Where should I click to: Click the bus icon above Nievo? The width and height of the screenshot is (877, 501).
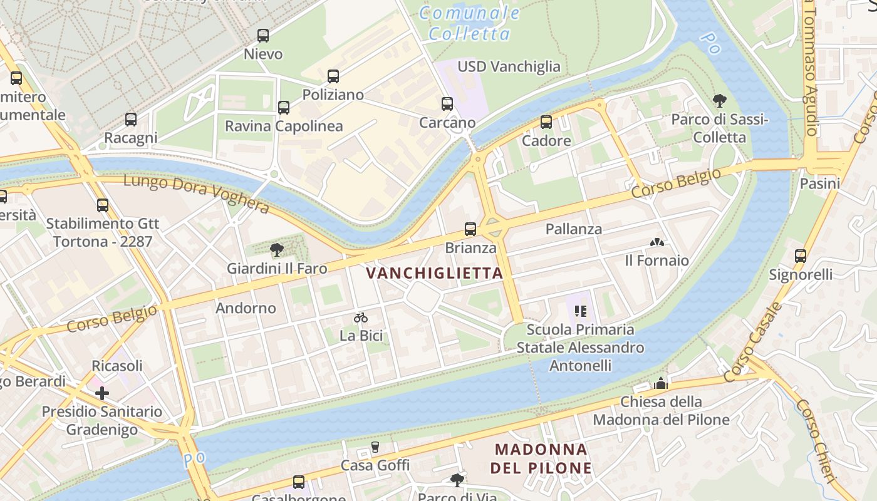[263, 36]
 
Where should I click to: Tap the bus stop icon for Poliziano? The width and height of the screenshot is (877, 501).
[333, 76]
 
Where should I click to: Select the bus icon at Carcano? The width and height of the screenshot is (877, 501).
[447, 104]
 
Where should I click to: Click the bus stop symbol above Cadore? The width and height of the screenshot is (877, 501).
[546, 122]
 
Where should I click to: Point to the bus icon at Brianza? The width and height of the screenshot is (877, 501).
[470, 229]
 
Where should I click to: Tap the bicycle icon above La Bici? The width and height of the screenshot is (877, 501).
[361, 318]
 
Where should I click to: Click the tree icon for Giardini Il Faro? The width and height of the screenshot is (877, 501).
[276, 250]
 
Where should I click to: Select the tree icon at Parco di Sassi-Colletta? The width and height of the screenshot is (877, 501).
[720, 100]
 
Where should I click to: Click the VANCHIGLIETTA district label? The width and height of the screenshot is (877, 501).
[435, 273]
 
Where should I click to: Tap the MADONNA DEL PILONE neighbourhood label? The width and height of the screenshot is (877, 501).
[541, 458]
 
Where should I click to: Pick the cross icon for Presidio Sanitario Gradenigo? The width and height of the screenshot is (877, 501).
[102, 393]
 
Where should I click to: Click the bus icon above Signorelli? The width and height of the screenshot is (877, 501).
[801, 256]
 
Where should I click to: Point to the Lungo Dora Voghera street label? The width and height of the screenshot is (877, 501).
[197, 194]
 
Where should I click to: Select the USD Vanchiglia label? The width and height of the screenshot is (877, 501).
[509, 66]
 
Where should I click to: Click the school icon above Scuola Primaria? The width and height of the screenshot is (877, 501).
[580, 311]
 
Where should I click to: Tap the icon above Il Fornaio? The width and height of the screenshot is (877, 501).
[656, 242]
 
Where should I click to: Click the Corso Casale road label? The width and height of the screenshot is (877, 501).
[752, 343]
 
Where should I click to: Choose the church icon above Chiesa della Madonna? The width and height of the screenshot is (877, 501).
[661, 383]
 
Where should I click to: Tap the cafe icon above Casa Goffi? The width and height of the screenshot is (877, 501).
[375, 447]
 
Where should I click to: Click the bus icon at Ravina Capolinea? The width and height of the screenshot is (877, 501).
[284, 108]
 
